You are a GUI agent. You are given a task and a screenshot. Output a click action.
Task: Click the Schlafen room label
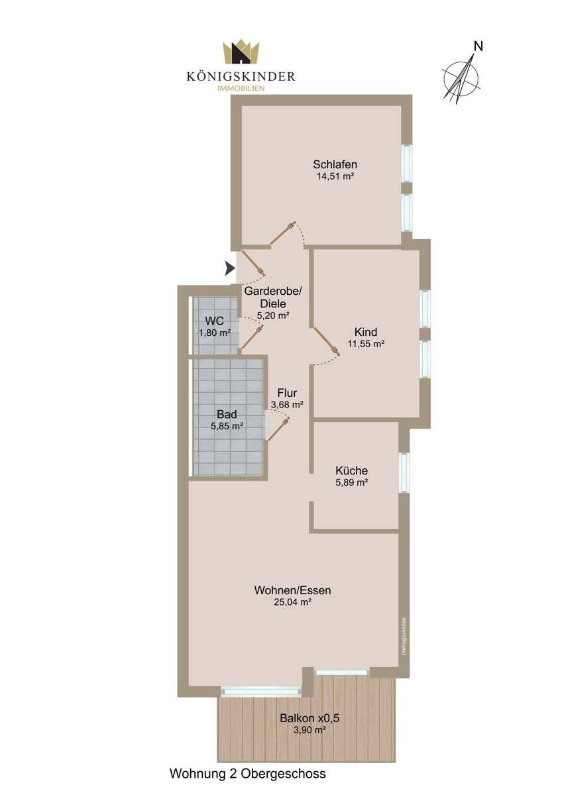pos(335,164)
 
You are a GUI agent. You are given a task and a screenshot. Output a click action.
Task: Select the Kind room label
pos(366,331)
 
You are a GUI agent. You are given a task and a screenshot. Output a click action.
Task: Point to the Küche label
pos(351,470)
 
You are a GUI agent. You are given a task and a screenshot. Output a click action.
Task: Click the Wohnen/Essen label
pos(292,590)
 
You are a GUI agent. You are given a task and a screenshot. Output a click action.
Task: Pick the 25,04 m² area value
pos(292,602)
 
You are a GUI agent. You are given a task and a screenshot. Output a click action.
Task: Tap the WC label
pos(214,321)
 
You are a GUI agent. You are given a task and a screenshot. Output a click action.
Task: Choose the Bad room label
pos(227,414)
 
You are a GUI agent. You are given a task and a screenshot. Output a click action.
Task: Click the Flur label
pos(287,392)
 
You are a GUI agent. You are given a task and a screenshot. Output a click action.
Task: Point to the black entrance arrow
pos(229,268)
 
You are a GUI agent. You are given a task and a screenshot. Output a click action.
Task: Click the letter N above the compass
pos(478,46)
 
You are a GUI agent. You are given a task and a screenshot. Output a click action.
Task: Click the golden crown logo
pos(241,53)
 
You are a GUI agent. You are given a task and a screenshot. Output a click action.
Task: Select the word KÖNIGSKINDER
pos(241,76)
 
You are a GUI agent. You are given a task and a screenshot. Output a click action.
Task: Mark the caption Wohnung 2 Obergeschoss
pos(248,773)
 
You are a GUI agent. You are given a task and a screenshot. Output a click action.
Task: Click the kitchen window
pos(404,472)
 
